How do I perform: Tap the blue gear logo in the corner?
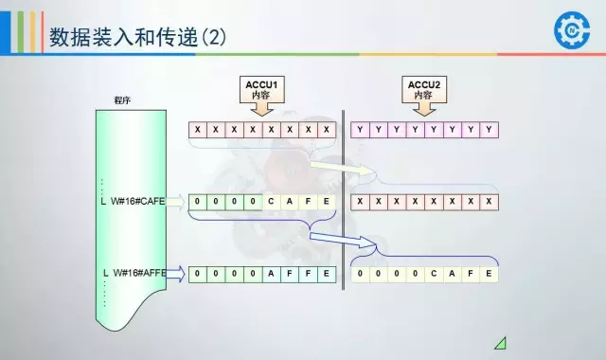[572, 29]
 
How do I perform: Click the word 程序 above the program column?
[122, 99]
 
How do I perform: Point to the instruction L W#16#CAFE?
[134, 201]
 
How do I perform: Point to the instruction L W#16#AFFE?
[134, 273]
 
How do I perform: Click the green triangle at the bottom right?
[500, 343]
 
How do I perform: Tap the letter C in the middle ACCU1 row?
[272, 201]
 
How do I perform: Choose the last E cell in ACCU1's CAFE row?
[327, 201]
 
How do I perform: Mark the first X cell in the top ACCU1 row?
[198, 129]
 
